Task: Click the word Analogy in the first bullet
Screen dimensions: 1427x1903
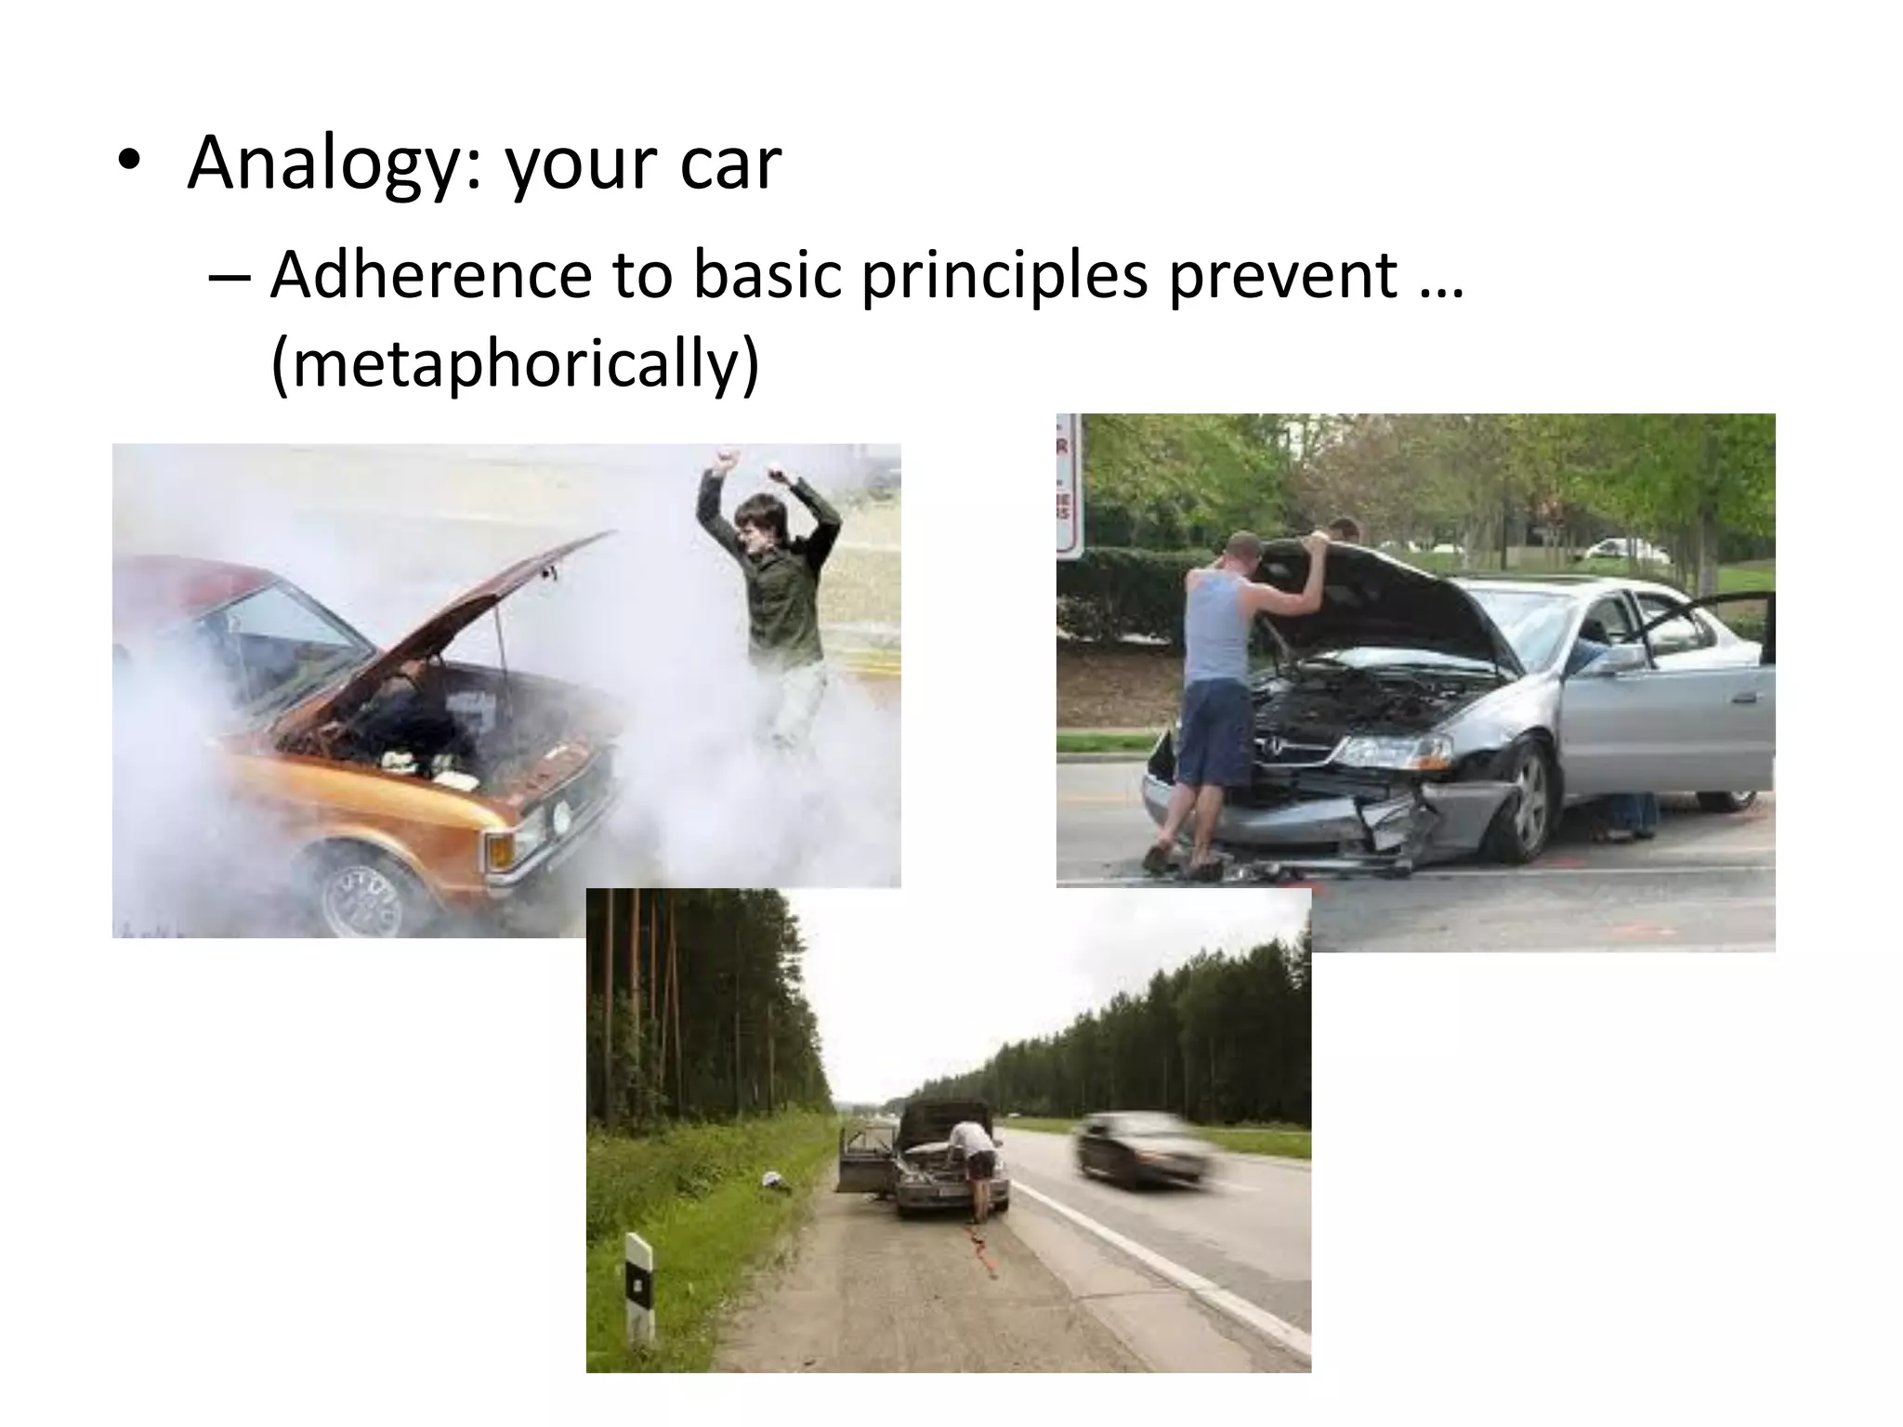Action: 331,164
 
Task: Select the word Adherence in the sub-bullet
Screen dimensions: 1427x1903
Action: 430,275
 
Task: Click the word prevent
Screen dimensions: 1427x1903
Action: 1282,275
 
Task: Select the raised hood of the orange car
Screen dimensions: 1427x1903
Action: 465,604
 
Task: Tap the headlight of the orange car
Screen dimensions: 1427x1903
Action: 560,817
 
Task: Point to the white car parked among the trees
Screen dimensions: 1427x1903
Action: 1626,549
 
